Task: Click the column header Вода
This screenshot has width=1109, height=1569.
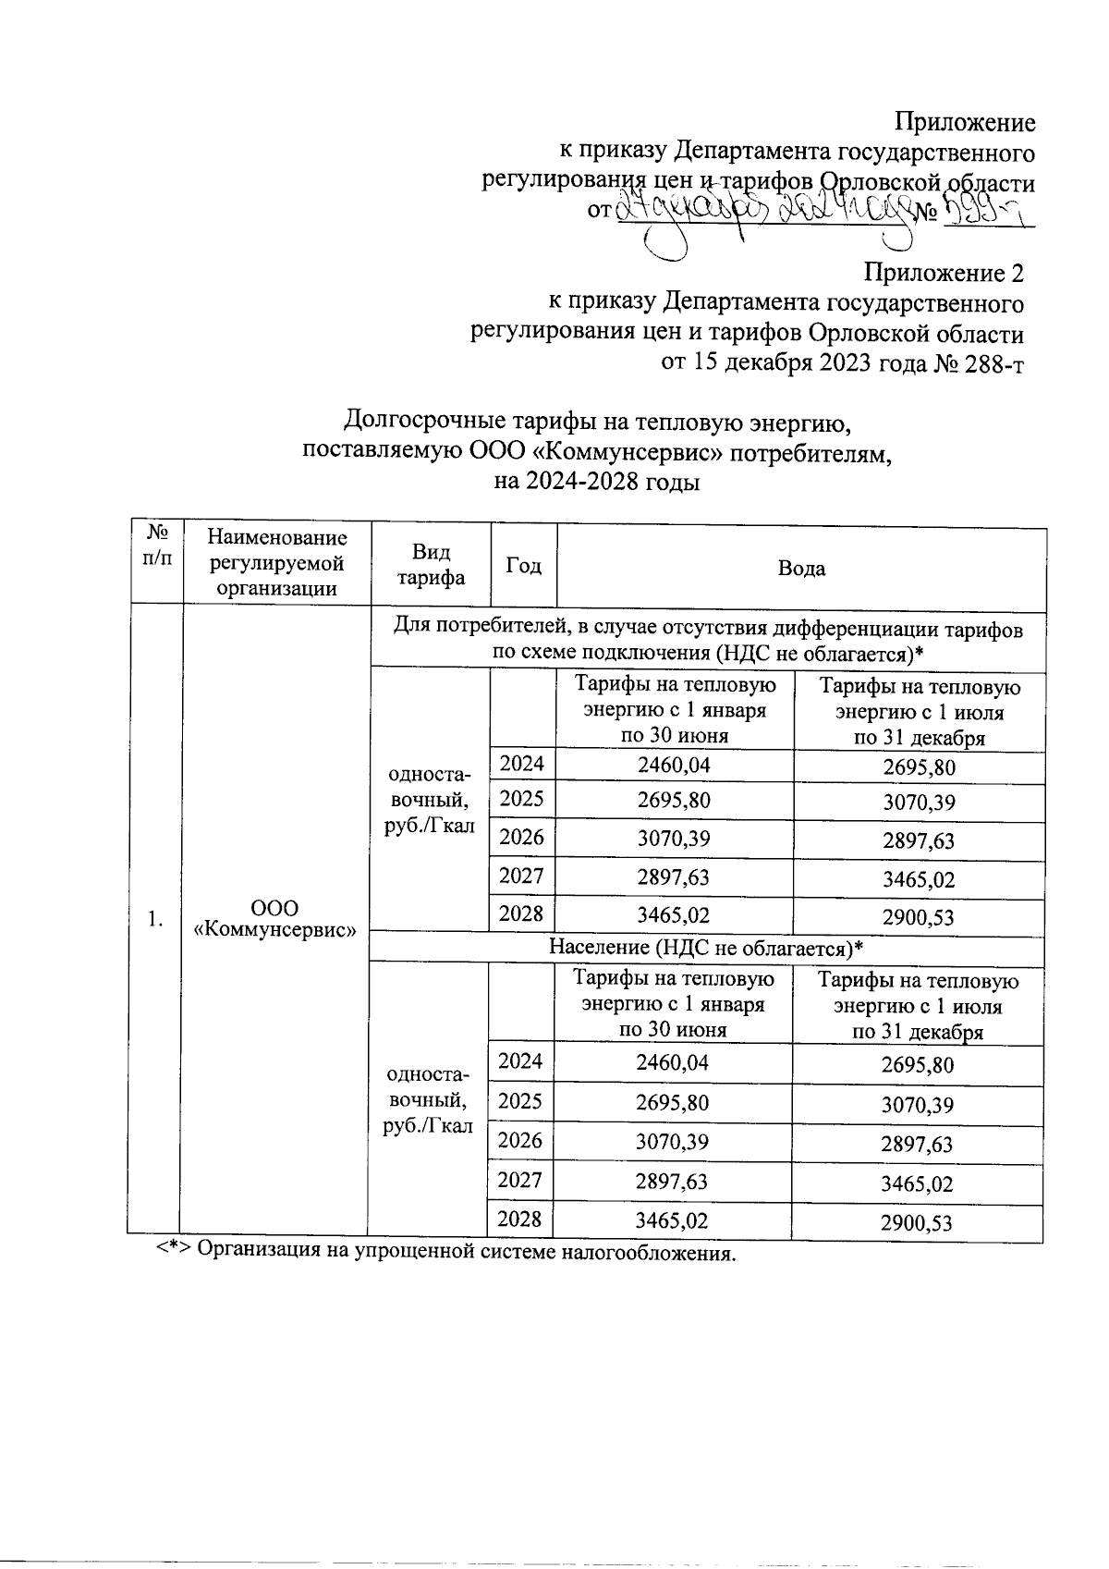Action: tap(801, 569)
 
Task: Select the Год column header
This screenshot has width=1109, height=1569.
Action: tap(523, 566)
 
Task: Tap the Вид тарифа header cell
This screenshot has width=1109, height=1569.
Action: tap(431, 566)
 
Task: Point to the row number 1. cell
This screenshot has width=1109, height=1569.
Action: tap(156, 918)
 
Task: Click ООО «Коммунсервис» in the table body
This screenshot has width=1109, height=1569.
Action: tap(275, 918)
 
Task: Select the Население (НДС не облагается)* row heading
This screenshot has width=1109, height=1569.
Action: tap(707, 948)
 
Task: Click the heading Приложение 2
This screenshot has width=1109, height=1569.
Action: tap(944, 273)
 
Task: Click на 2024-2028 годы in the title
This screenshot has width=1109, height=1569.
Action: tap(596, 482)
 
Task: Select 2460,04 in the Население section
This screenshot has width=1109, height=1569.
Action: tap(673, 1062)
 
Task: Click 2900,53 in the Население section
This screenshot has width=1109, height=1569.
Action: tap(916, 1223)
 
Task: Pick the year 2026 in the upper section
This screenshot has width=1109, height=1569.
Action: tap(522, 838)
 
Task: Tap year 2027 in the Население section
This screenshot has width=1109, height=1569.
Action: tap(520, 1180)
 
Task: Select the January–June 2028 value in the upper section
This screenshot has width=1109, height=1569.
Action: tap(674, 914)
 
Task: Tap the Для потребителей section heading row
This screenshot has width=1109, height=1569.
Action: tap(708, 641)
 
